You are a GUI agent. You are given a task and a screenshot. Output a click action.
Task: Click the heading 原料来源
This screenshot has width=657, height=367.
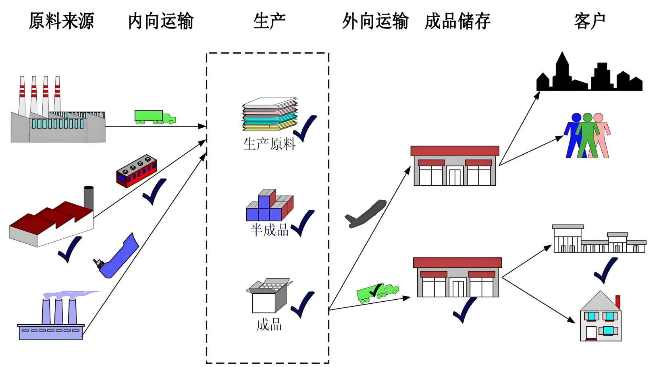61,21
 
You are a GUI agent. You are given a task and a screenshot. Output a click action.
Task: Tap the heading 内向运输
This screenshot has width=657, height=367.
161,21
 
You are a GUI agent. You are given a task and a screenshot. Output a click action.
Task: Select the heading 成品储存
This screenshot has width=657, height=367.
457,21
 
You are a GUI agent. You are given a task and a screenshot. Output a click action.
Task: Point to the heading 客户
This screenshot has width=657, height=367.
590,21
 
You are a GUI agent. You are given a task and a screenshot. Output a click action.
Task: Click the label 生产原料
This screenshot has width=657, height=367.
269,144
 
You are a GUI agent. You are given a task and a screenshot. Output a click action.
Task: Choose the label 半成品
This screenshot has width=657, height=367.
269,230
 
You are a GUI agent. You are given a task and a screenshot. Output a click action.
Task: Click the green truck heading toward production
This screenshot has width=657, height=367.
155,117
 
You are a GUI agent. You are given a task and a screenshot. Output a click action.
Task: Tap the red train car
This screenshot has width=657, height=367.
136,171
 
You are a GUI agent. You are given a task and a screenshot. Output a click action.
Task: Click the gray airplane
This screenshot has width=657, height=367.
366,214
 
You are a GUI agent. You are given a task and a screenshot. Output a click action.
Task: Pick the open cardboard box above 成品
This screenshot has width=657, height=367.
269,296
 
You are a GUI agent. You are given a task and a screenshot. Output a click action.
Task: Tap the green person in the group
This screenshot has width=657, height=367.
587,135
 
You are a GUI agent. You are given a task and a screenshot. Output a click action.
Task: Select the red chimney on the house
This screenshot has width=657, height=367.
617,302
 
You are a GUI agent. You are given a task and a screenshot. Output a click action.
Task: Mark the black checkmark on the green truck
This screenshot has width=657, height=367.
375,290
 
